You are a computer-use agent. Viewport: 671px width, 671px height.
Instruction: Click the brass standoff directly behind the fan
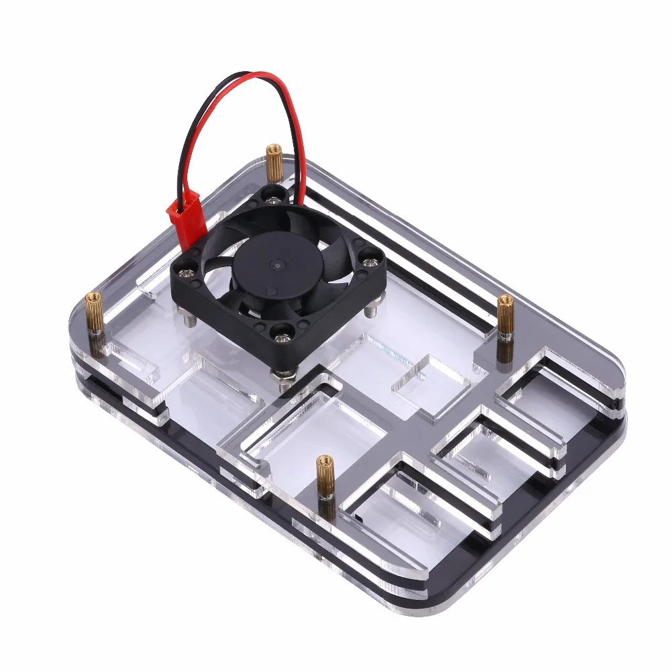click(x=274, y=161)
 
